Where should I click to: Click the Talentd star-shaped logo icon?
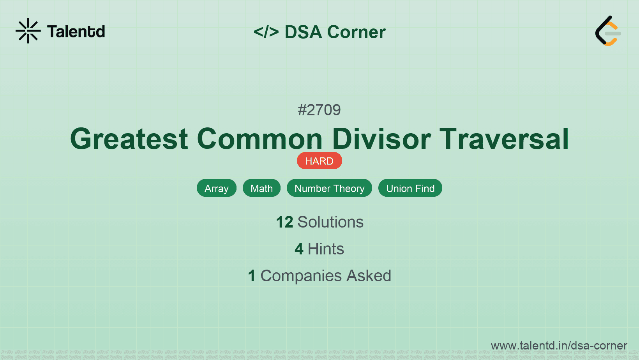click(28, 31)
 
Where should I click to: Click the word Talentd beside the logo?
click(76, 32)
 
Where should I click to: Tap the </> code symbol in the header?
click(266, 32)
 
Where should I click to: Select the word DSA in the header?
click(303, 32)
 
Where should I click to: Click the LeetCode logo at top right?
click(608, 31)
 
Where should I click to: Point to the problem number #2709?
click(319, 110)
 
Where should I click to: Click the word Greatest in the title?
click(129, 139)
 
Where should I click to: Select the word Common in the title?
click(259, 139)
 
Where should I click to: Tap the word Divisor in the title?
click(381, 139)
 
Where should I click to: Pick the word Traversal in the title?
click(504, 139)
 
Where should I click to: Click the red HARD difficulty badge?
click(319, 161)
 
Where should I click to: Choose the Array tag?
click(216, 188)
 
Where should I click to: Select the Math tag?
click(261, 188)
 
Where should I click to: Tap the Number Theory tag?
click(329, 188)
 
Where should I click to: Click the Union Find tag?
click(410, 188)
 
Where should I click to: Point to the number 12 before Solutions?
click(284, 222)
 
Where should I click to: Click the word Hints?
click(326, 249)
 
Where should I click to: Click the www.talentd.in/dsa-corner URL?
click(559, 346)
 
